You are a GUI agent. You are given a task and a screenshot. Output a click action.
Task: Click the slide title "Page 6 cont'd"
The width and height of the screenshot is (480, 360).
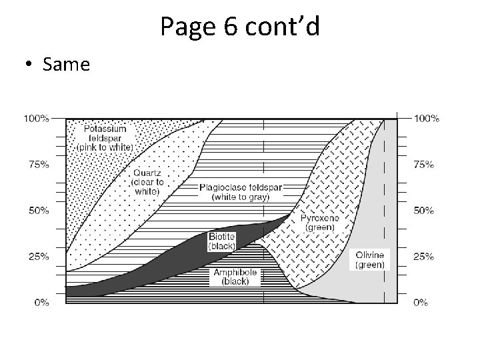tap(240, 26)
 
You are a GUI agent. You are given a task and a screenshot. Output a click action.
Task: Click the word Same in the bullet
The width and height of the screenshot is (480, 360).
tap(65, 65)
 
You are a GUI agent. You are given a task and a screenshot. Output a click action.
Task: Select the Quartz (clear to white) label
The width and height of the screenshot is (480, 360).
tap(145, 181)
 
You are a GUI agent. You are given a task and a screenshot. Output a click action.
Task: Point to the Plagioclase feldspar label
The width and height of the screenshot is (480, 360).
tap(241, 192)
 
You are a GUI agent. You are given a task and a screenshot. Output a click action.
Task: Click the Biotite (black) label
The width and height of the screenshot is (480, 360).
tap(221, 241)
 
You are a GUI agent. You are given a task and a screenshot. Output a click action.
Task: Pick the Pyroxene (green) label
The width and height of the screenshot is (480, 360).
tap(320, 222)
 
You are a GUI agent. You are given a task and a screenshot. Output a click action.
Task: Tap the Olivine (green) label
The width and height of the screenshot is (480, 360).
tap(369, 260)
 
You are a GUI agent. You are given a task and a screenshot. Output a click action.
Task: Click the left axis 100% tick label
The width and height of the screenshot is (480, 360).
tap(37, 119)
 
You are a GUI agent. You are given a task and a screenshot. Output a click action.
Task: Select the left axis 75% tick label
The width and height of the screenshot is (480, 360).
tap(39, 165)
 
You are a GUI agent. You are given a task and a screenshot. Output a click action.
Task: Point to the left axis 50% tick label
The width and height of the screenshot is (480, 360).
tap(39, 211)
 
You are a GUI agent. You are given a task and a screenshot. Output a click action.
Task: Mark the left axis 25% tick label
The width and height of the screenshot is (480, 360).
tap(39, 257)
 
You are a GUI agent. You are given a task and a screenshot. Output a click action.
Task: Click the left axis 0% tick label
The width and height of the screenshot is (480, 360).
tap(41, 303)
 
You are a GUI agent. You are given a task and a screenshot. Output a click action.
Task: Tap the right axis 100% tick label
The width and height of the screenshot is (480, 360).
tap(426, 119)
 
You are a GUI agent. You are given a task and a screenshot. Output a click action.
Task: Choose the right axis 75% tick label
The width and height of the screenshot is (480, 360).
tap(424, 165)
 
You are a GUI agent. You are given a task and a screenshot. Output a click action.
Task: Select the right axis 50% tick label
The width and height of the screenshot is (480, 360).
tap(424, 211)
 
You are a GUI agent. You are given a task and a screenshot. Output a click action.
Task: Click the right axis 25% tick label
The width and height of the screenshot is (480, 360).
tap(424, 257)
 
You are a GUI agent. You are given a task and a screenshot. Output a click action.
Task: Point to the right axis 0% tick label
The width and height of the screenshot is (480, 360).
tap(421, 303)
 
